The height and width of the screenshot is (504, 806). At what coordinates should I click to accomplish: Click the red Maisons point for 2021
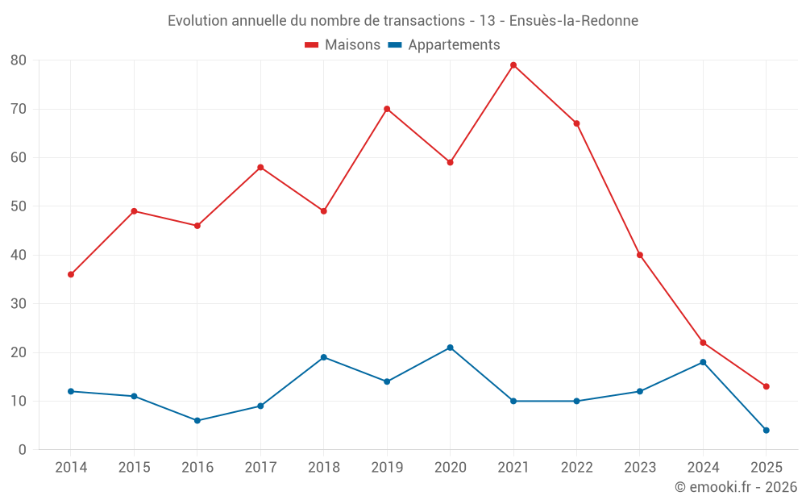point(513,65)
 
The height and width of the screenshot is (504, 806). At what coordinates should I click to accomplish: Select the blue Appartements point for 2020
point(450,348)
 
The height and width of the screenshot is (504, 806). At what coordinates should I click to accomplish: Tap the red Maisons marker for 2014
point(71,274)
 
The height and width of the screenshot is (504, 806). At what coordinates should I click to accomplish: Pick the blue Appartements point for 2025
point(766,430)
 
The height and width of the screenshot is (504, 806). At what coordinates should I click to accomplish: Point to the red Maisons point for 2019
point(387,109)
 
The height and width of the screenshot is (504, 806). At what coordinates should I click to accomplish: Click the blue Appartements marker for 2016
point(197,420)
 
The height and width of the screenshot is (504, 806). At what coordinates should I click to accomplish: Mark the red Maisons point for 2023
point(640,255)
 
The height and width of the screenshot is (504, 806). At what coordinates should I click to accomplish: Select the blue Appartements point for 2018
point(323,357)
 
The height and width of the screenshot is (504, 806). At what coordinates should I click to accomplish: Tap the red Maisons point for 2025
point(766,386)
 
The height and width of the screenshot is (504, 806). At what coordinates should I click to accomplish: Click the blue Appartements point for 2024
point(703,362)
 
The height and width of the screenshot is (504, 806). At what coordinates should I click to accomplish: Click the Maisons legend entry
point(343,45)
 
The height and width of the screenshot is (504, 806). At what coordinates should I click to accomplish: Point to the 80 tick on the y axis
point(19,60)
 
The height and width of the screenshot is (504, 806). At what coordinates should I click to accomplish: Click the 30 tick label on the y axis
point(19,304)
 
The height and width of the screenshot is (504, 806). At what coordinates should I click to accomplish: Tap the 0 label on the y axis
point(23,450)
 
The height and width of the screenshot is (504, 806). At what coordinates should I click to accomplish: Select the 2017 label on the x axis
point(260,468)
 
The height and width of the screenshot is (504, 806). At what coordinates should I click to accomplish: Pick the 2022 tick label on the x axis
point(576,468)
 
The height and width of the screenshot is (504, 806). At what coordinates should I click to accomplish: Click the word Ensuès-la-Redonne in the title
point(574,21)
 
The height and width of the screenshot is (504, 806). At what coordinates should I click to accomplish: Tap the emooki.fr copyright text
point(735,487)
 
